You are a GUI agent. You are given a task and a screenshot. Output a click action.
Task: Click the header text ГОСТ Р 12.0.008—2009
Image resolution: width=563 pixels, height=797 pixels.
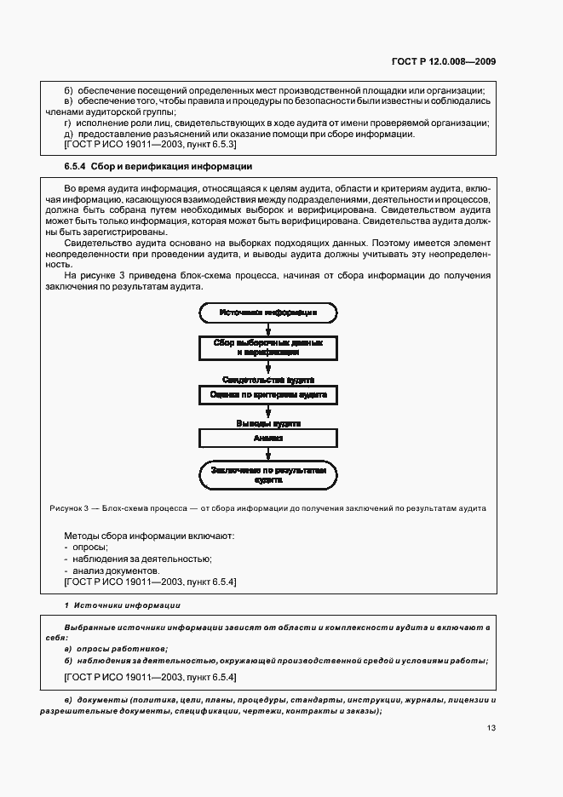click(444, 60)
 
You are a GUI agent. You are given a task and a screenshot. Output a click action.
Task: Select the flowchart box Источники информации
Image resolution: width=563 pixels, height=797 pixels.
click(268, 312)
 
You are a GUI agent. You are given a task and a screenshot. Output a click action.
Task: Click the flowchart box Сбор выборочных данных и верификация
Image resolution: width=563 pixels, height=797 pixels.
click(268, 347)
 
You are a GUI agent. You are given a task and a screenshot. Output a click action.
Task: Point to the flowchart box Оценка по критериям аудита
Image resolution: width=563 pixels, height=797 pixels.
click(268, 395)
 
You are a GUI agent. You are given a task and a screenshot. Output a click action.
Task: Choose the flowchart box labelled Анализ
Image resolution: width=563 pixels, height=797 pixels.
click(268, 438)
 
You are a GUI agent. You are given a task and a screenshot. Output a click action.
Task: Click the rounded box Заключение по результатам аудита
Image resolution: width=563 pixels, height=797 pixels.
click(268, 475)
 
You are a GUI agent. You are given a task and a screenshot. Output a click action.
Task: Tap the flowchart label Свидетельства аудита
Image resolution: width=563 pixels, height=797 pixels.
click(268, 379)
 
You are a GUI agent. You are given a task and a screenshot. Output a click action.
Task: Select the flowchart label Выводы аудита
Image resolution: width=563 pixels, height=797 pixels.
click(268, 422)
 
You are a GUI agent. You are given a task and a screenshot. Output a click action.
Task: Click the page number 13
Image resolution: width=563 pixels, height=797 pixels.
click(491, 727)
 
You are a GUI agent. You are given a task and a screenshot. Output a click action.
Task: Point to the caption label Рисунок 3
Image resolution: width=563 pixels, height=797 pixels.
click(68, 508)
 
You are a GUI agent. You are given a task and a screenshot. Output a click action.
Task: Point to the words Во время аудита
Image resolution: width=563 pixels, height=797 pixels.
click(99, 186)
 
